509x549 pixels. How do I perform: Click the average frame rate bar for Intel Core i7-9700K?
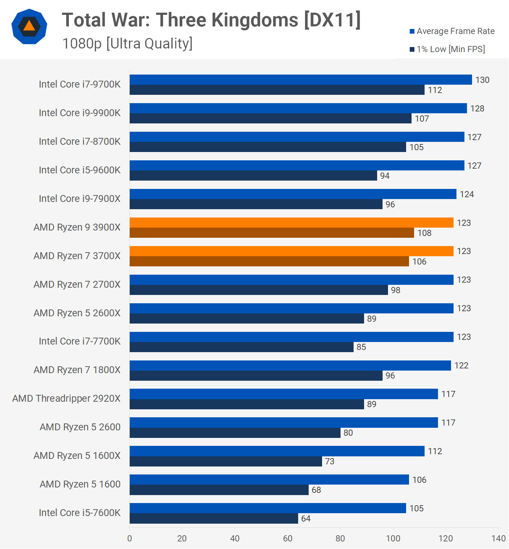tap(301, 80)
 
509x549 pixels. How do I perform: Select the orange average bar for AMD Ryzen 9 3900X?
tap(292, 223)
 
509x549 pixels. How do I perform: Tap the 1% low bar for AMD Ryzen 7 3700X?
tap(269, 261)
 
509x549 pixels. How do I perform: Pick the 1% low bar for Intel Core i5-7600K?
tap(214, 518)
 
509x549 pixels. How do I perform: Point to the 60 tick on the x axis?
tap(288, 538)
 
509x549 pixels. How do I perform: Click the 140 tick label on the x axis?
tap(498, 538)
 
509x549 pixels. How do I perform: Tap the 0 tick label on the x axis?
tap(130, 538)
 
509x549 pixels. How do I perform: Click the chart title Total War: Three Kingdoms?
tap(211, 20)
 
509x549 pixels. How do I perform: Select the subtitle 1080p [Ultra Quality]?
tap(128, 43)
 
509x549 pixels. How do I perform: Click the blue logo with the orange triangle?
tap(29, 26)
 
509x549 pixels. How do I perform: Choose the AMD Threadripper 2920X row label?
tap(66, 398)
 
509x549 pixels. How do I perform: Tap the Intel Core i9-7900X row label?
tap(80, 199)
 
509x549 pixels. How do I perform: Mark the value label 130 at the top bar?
tap(482, 80)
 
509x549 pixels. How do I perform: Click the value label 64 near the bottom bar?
tap(306, 519)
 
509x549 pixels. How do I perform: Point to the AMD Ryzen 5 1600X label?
tap(77, 456)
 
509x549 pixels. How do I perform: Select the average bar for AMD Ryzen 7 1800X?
tap(290, 366)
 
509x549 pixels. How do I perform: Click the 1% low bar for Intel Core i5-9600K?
tap(253, 176)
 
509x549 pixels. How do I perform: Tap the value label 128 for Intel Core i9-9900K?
tap(477, 109)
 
